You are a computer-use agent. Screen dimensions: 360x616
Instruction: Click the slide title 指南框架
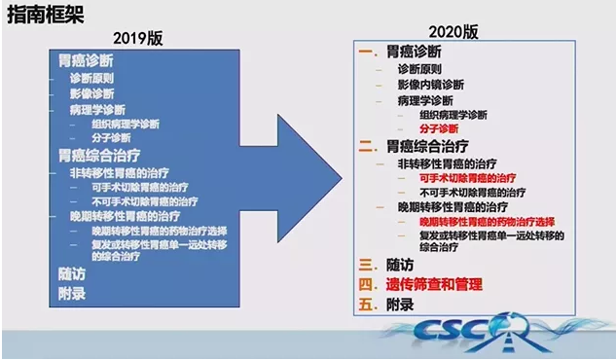[x=43, y=13]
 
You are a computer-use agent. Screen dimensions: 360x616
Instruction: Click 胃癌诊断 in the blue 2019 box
[x=86, y=60]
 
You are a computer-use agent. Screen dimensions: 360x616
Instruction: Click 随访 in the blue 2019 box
[x=71, y=273]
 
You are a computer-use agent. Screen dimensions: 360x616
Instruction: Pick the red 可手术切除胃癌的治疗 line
[x=465, y=179]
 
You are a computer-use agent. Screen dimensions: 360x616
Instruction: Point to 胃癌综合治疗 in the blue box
[x=98, y=155]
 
